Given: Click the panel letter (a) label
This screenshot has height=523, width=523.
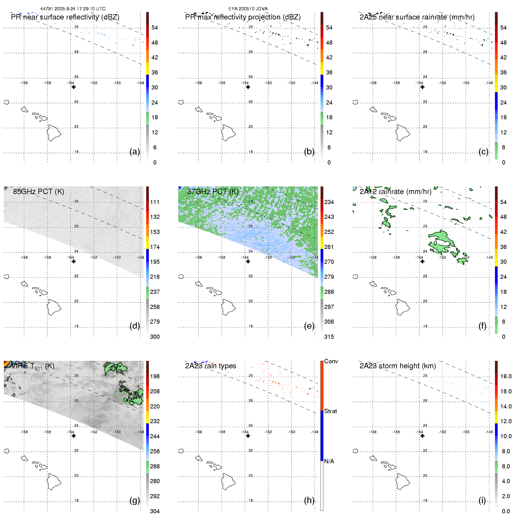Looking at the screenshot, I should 135,151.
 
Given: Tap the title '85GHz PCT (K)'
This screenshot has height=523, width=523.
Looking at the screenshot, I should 38,191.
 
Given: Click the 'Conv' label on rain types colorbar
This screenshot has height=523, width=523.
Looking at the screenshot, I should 331,361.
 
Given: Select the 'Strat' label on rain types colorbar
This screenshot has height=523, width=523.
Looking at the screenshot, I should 330,411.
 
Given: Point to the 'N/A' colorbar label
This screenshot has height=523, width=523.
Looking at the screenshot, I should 329,461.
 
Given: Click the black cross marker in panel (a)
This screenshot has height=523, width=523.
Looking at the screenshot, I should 74,87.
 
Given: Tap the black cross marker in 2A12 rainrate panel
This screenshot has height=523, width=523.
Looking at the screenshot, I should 422,261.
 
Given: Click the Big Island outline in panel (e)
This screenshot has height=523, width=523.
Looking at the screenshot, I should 228,307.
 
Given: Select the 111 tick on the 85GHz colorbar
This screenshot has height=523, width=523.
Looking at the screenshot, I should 155,202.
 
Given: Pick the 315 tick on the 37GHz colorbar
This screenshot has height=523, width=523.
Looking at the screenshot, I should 329,337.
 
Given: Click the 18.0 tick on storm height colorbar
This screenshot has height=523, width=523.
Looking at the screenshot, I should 506,376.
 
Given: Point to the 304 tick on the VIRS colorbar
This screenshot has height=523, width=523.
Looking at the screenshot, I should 155,511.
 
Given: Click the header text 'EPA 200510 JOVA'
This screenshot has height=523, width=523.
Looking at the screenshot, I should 248,9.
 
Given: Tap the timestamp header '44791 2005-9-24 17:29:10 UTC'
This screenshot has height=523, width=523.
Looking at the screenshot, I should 73,9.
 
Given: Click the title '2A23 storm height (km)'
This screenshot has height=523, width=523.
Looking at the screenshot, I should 397,366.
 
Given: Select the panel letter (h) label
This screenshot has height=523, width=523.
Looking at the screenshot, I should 309,500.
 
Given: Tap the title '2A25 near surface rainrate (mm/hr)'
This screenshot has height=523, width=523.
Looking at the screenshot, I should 417,17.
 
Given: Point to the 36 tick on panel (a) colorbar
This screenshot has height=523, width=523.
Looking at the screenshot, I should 154,72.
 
